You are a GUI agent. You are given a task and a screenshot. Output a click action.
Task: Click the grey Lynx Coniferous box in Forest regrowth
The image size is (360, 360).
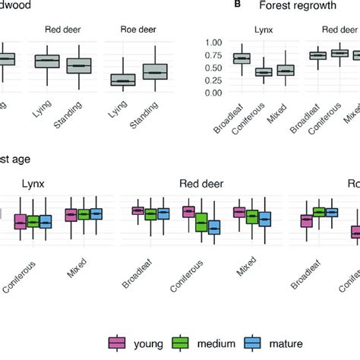[264, 72]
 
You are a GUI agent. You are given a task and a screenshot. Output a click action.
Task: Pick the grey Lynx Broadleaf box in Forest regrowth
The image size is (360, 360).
[242, 58]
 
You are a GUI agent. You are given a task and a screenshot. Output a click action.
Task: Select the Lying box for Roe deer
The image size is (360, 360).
[122, 79]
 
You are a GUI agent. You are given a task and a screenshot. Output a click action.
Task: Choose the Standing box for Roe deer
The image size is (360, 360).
[155, 71]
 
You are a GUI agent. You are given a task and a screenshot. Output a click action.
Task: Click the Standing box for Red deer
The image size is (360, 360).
[79, 66]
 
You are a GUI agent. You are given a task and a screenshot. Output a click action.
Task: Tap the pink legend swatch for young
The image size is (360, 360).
[118, 343]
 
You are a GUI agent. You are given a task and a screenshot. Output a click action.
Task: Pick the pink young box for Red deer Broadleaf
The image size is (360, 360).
[138, 210]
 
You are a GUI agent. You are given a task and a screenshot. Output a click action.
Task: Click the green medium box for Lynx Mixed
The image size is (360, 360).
[84, 214]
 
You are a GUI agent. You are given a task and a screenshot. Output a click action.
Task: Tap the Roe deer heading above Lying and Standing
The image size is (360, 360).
[138, 33]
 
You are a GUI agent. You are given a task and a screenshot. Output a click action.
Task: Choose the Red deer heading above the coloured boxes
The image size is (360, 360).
[201, 183]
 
